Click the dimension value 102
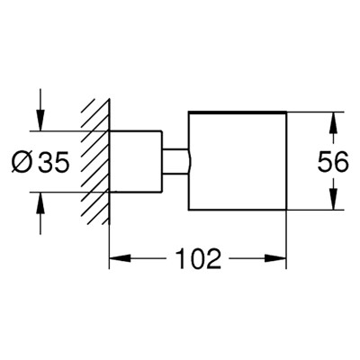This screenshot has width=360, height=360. click(x=198, y=258)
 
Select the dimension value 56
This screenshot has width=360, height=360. click(x=333, y=162)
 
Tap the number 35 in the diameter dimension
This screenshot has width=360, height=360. click(x=54, y=162)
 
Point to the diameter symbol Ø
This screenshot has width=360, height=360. click(x=22, y=162)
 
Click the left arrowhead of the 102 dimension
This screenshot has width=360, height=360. click(x=120, y=258)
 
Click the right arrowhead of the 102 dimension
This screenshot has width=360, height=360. click(x=275, y=258)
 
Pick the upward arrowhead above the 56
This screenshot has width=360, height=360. click(x=333, y=123)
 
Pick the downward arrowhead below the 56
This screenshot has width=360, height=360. click(x=333, y=199)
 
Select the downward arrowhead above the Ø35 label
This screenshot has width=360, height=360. click(x=40, y=120)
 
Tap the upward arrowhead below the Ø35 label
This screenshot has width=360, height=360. click(x=40, y=202)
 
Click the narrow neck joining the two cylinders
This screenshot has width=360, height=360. click(x=175, y=161)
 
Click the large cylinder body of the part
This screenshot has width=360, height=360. click(x=238, y=161)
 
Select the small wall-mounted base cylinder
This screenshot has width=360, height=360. click(x=135, y=161)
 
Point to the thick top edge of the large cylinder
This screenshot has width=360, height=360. click(x=238, y=112)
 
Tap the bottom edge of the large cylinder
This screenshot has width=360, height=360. click(x=238, y=210)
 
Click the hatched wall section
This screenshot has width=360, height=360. click(x=95, y=162)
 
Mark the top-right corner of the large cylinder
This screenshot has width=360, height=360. click(x=286, y=112)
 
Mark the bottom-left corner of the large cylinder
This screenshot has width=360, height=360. click(x=188, y=210)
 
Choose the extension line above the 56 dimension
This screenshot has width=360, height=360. click(x=315, y=112)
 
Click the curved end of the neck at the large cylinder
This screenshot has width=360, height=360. click(x=190, y=161)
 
